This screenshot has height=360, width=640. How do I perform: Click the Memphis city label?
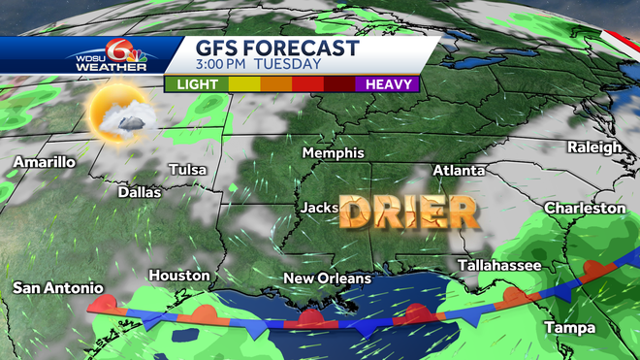tap(333, 153)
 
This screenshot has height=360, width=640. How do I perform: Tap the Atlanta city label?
tap(460, 171)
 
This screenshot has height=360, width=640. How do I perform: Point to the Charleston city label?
tap(585, 209)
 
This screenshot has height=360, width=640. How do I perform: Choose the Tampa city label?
tap(569, 328)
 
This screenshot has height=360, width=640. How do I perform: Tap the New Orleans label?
tap(327, 278)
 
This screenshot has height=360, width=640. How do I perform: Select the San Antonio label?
tap(57, 288)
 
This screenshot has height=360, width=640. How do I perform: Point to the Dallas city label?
tap(139, 192)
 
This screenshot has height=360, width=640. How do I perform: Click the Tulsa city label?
tap(187, 170)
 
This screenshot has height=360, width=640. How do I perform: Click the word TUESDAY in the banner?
tap(290, 64)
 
